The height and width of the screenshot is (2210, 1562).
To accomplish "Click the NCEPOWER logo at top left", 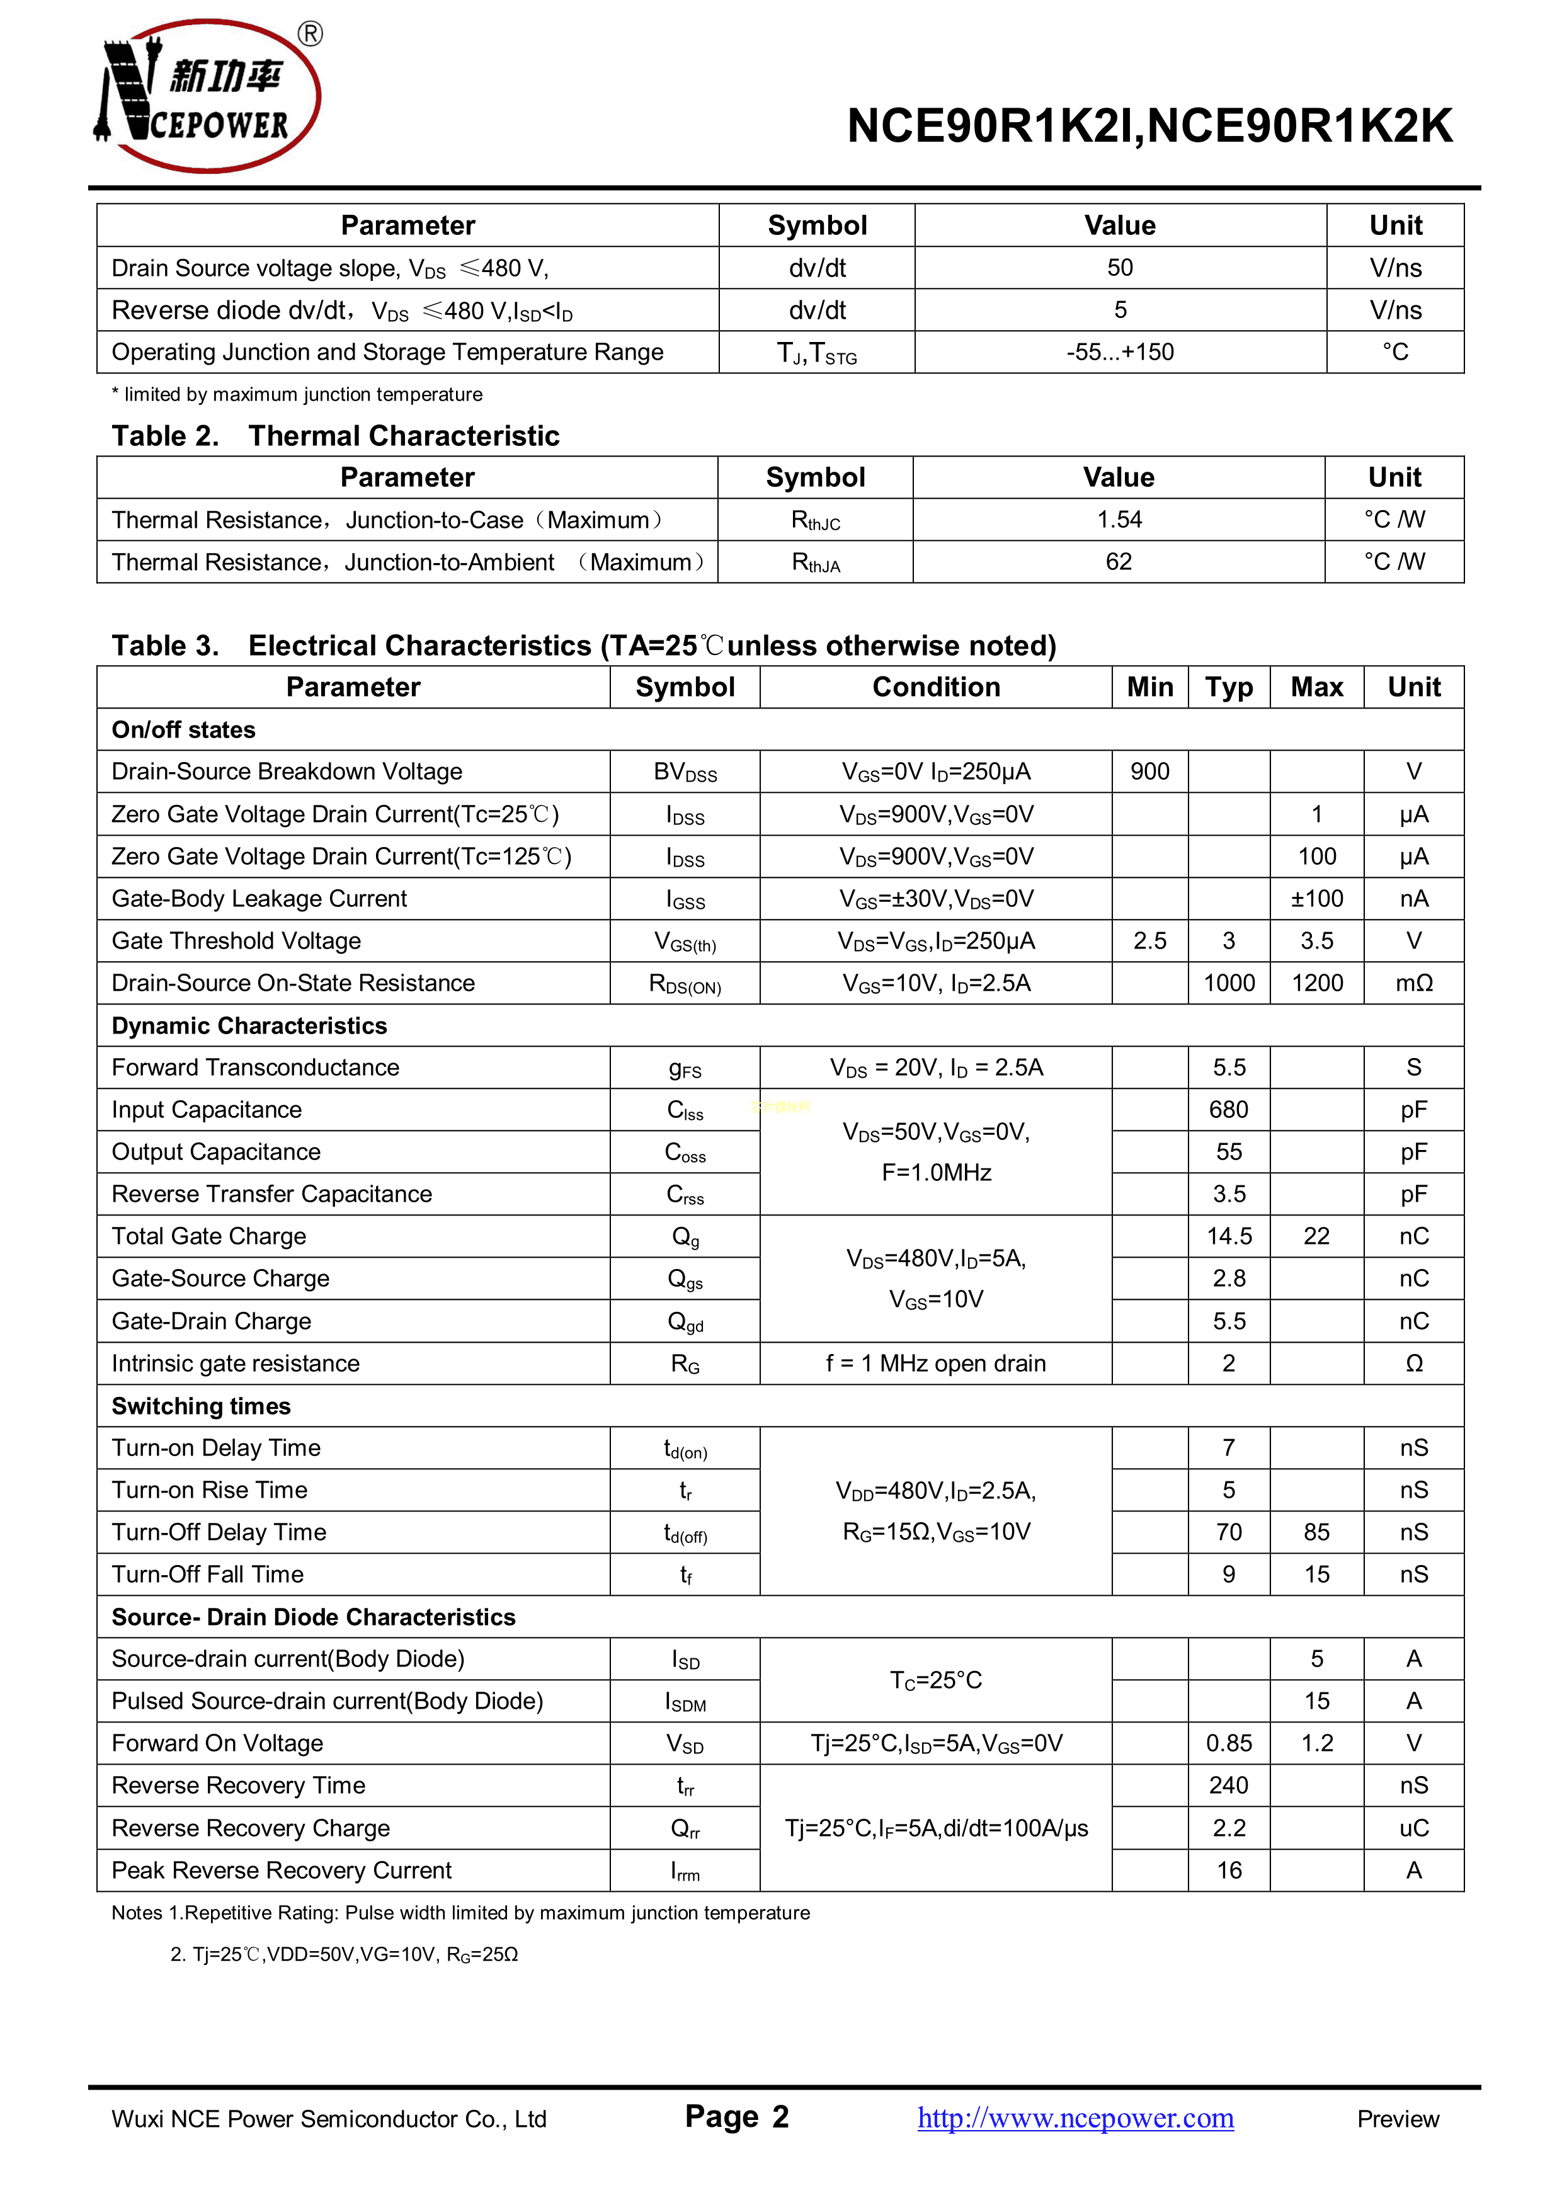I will tap(208, 96).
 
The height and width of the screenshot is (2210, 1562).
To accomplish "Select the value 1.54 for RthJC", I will tap(1119, 520).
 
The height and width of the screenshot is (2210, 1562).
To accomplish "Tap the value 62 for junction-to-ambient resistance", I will tap(1119, 562).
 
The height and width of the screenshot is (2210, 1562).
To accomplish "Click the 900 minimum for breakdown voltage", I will tap(1150, 772).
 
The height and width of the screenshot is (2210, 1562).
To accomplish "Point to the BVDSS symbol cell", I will tap(685, 773).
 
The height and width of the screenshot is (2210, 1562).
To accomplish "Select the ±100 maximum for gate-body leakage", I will tap(1316, 899).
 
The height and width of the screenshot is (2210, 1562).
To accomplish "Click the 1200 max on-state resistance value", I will tap(1316, 983).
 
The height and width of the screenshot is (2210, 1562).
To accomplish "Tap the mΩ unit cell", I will tap(1414, 983).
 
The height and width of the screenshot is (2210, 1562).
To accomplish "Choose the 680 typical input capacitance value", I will tap(1229, 1110).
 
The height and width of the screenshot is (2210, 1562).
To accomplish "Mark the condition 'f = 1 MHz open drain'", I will tap(935, 1364).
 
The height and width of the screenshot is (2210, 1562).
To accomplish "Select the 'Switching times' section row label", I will tap(201, 1406).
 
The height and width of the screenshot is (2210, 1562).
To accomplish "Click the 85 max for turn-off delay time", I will tap(1316, 1532).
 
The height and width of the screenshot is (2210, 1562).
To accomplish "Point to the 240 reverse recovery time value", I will tap(1229, 1786).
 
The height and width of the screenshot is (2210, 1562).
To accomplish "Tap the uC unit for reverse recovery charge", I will tap(1414, 1828).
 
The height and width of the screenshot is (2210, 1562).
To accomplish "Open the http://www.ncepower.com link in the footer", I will tap(1075, 2119).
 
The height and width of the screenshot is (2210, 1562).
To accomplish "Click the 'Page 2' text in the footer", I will tap(736, 2117).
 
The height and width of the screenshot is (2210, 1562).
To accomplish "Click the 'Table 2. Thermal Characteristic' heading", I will tap(335, 436).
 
